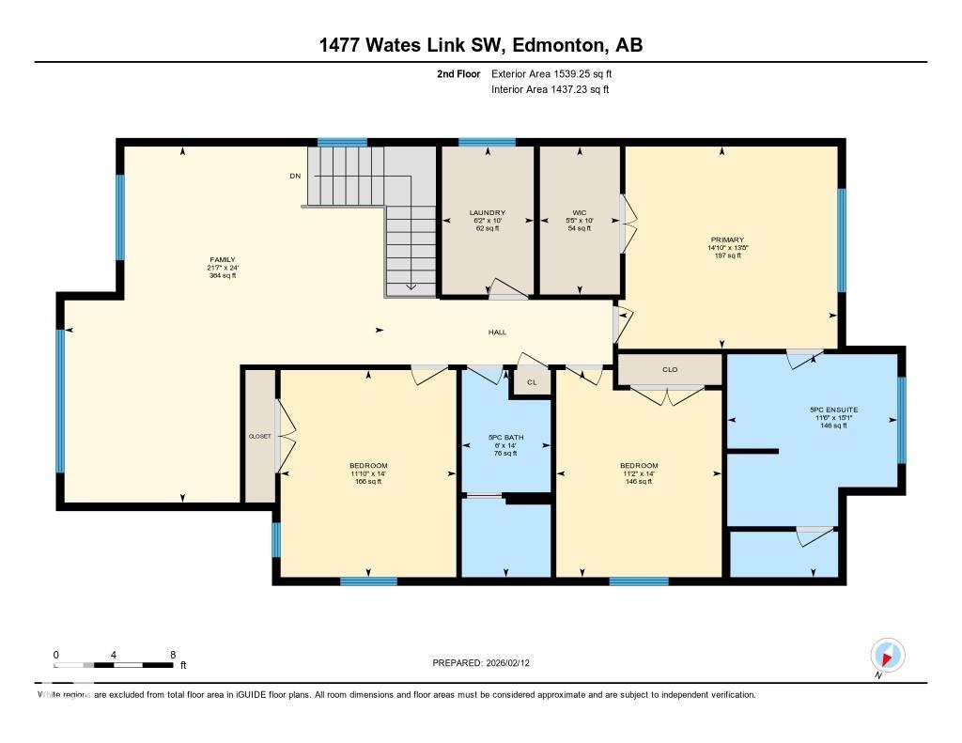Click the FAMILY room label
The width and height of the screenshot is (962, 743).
[223, 260]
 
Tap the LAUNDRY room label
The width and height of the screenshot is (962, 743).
[488, 212]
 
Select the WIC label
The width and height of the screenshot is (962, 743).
[579, 212]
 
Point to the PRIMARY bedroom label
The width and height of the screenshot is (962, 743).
[727, 240]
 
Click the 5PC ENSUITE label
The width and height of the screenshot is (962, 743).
[834, 410]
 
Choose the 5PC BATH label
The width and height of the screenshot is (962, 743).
[505, 438]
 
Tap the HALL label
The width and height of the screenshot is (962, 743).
[497, 332]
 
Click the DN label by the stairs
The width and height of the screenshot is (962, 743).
[295, 176]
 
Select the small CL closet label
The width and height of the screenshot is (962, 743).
[532, 382]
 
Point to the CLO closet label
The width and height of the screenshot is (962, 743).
[670, 369]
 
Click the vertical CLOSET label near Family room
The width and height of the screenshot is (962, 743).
[259, 437]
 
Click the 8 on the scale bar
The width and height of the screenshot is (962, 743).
[172, 654]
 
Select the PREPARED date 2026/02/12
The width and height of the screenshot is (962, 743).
[514, 662]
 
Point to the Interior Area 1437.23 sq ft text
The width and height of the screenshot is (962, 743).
[551, 90]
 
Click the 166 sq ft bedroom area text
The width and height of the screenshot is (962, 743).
[368, 481]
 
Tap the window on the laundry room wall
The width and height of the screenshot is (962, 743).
[487, 143]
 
